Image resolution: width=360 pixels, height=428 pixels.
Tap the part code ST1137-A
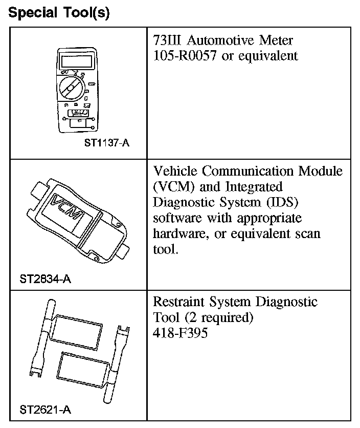coord(106,143)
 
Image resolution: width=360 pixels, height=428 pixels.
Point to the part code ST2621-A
coord(45,410)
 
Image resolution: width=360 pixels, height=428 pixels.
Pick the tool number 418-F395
coord(181,333)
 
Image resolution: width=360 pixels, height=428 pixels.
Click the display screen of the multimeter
coord(75,62)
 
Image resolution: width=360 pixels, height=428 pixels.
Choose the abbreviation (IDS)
coord(282,202)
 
